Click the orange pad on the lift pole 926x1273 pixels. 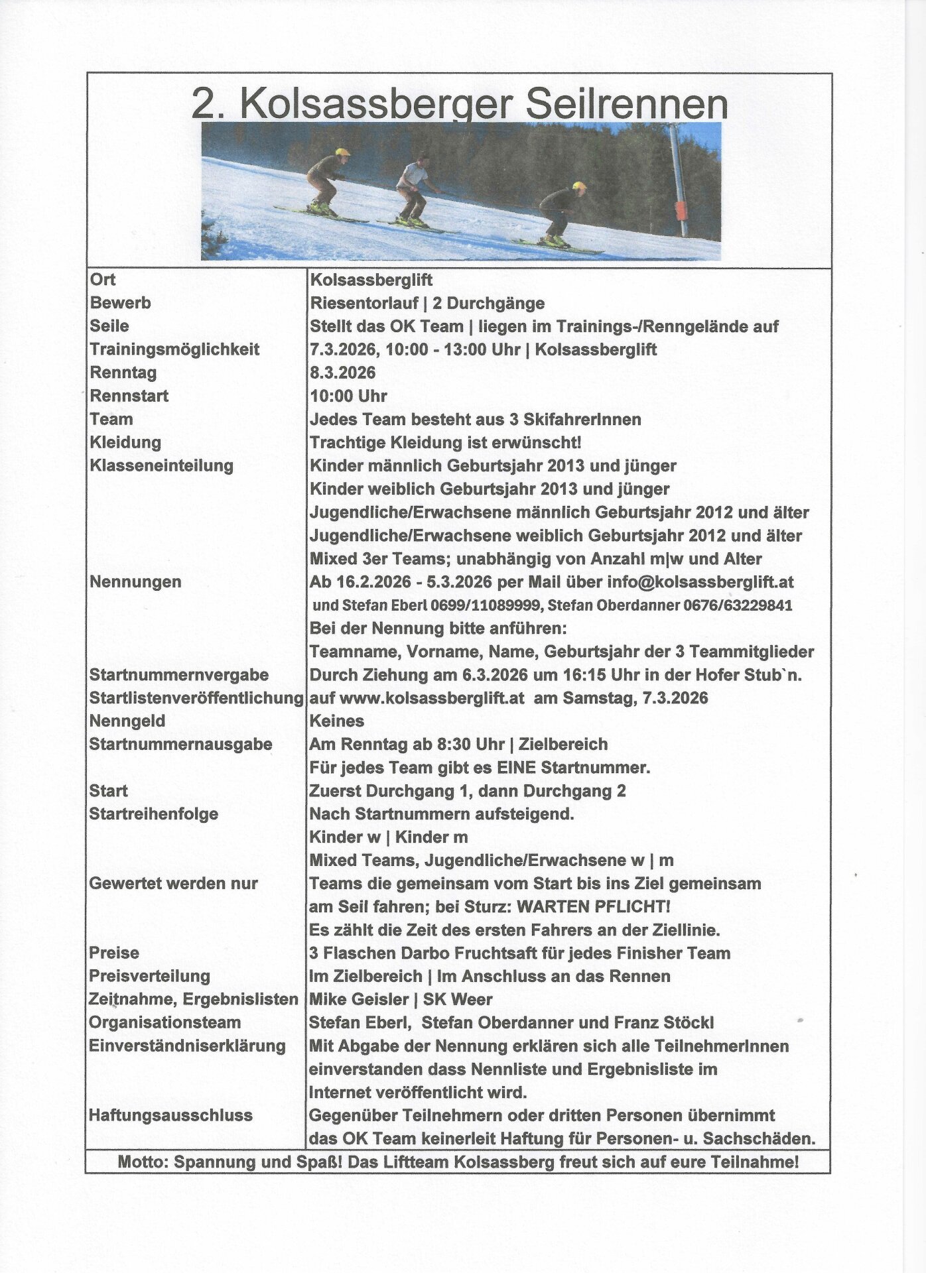[681, 212]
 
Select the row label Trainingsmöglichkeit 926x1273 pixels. [174, 349]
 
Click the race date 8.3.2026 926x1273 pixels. [342, 373]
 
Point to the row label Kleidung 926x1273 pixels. [125, 442]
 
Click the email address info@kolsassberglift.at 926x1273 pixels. [700, 582]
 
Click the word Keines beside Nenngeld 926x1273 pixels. [337, 721]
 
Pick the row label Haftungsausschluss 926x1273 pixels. [170, 1116]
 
